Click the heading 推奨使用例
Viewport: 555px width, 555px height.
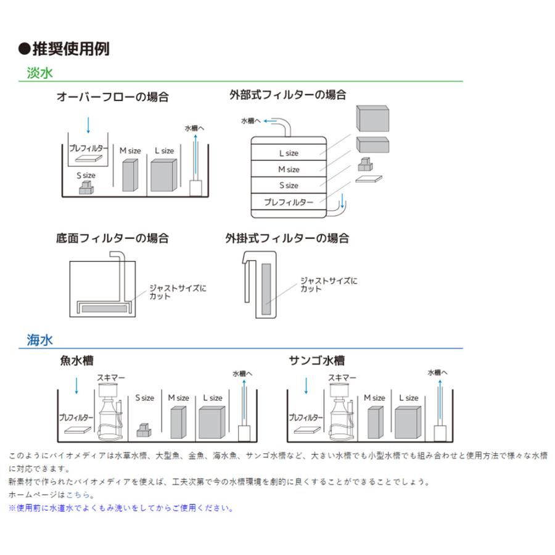tap(64, 49)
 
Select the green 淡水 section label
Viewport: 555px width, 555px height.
tap(40, 73)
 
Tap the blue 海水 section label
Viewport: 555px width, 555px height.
tap(40, 340)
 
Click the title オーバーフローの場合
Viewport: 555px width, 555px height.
tap(112, 97)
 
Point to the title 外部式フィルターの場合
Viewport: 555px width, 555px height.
tap(287, 95)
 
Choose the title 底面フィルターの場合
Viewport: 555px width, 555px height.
tap(112, 238)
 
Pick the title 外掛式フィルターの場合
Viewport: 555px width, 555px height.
tap(287, 238)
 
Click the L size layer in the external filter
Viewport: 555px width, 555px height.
tap(288, 153)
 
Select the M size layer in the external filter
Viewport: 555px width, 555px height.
tap(288, 169)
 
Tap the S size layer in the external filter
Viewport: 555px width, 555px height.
tap(288, 185)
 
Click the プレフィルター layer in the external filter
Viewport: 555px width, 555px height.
tap(288, 202)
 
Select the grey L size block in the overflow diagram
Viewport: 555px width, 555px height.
tap(165, 175)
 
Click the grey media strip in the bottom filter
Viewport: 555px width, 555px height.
tap(104, 306)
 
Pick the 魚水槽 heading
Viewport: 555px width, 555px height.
tap(77, 361)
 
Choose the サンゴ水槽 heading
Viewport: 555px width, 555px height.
tap(317, 361)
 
